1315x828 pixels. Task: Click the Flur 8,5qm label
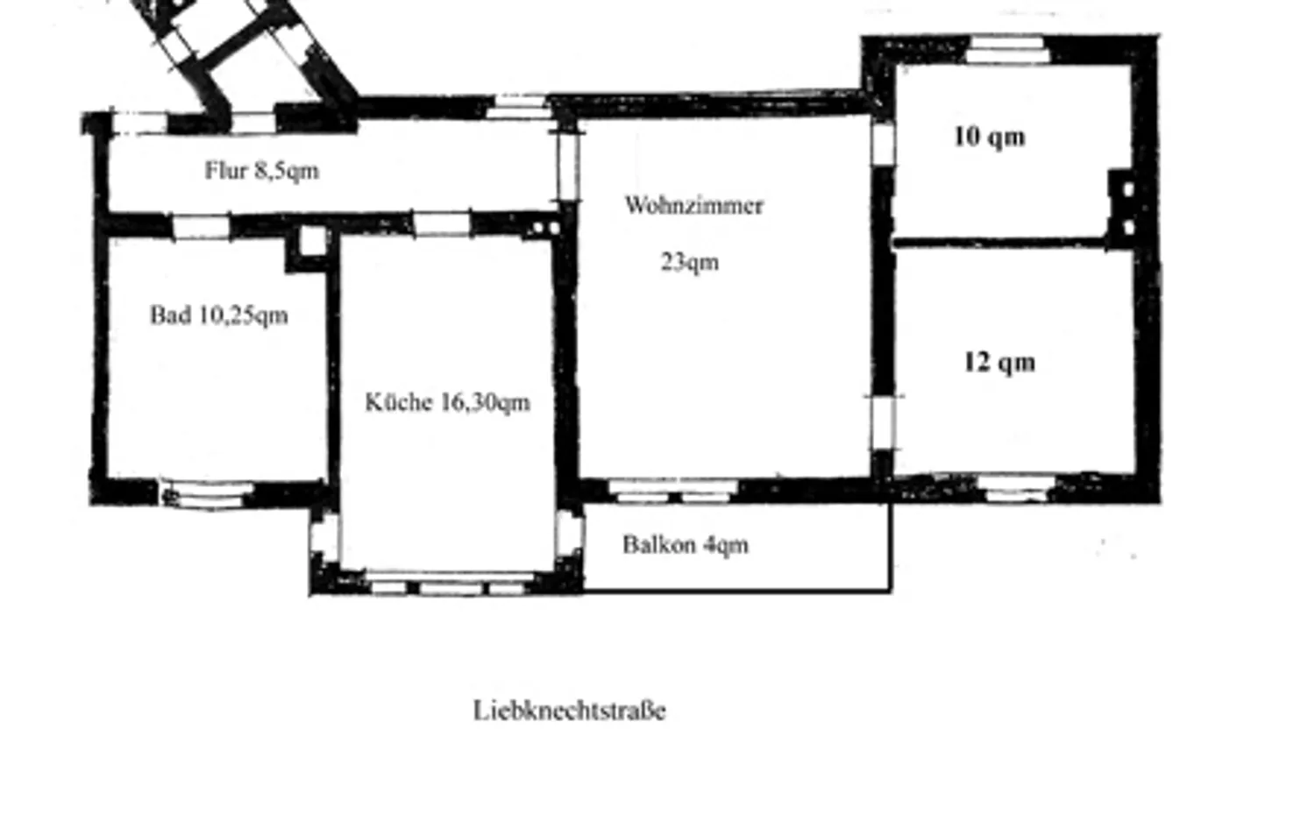pos(262,171)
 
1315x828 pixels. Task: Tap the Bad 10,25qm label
pos(219,315)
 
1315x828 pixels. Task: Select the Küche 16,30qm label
pos(447,402)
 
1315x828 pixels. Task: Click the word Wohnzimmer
pos(694,205)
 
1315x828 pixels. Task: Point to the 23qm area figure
pos(690,262)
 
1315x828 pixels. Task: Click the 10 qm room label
pos(990,137)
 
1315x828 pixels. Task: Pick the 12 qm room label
pos(999,362)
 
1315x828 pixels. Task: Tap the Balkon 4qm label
pos(686,545)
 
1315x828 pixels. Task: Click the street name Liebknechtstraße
pos(570,710)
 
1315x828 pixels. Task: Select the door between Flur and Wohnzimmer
pos(568,166)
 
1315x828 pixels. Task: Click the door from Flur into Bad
pos(202,227)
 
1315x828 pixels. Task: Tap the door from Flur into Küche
pos(442,223)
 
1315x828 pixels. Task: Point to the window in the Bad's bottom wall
pos(206,494)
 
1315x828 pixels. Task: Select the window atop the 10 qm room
pos(1006,49)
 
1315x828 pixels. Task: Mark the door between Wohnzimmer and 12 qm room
pos(882,423)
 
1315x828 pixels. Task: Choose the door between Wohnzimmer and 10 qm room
pos(882,143)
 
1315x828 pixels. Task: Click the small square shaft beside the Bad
pos(313,241)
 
